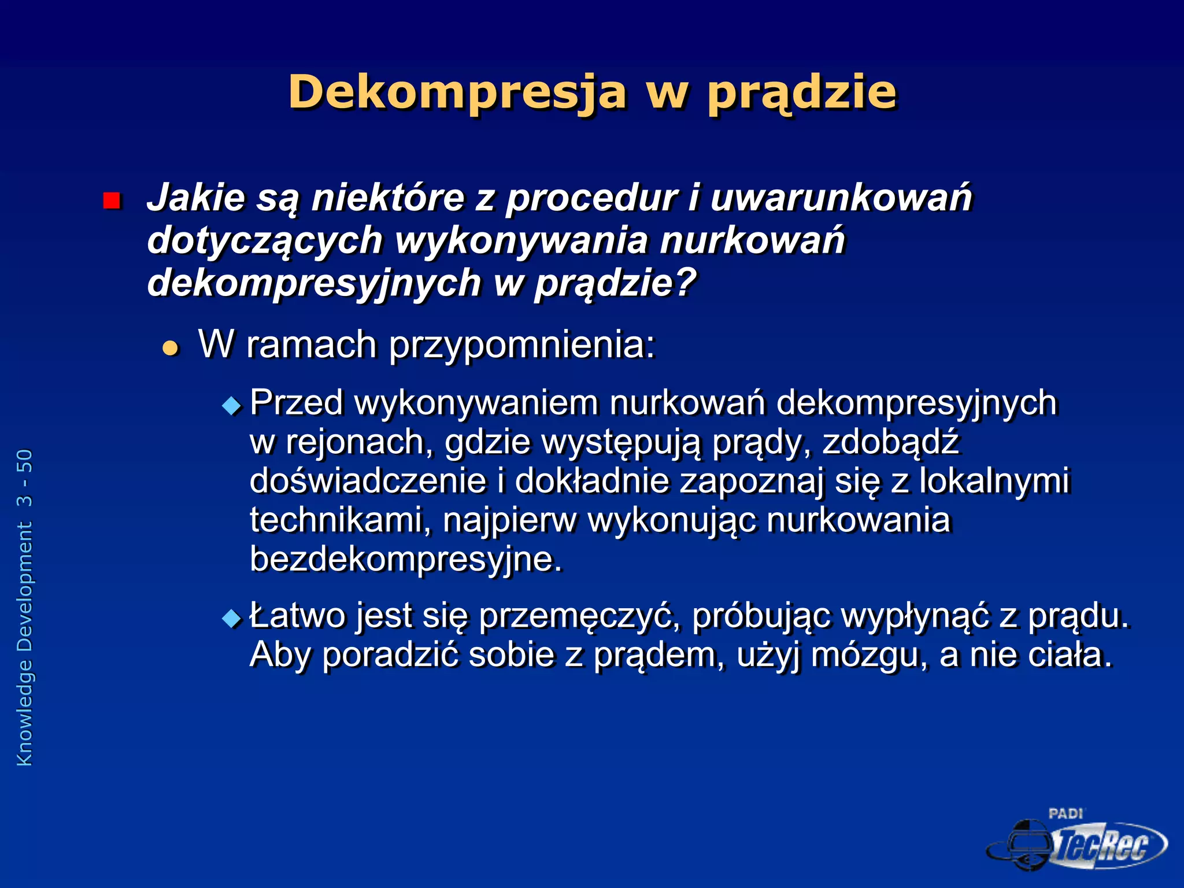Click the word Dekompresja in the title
click(457, 92)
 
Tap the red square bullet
click(111, 201)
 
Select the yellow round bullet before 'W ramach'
click(171, 348)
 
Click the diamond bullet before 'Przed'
click(232, 406)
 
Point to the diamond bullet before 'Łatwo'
click(232, 619)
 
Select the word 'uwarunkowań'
click(841, 198)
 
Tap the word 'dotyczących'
click(265, 240)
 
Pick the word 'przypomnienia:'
click(522, 345)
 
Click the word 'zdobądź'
click(890, 442)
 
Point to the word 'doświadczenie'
click(368, 482)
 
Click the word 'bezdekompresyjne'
click(405, 560)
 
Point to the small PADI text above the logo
click(1065, 814)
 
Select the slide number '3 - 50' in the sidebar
click(25, 478)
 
